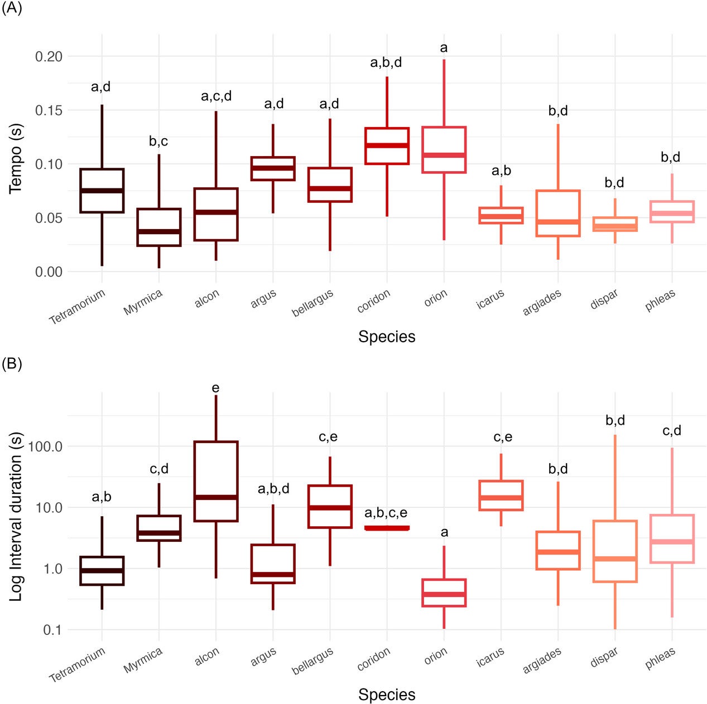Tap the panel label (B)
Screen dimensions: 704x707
click(12, 364)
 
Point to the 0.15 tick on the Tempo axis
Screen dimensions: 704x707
click(49, 110)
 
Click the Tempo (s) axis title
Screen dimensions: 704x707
click(16, 159)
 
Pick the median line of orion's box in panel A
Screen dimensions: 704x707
click(444, 155)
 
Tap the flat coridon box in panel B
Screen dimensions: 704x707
click(387, 528)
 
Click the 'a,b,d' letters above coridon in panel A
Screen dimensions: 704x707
click(386, 62)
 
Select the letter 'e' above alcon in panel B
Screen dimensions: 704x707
click(216, 388)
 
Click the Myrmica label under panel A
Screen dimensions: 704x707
click(143, 303)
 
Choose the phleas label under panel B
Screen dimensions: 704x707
click(660, 659)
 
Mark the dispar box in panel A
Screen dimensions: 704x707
click(615, 224)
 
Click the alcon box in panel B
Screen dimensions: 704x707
click(216, 481)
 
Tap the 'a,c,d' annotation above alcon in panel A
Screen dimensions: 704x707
click(216, 96)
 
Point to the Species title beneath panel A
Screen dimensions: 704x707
click(387, 337)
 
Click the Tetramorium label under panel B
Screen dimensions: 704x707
click(78, 665)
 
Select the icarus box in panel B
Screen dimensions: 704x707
click(501, 495)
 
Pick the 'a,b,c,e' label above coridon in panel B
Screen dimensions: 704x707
click(386, 513)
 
